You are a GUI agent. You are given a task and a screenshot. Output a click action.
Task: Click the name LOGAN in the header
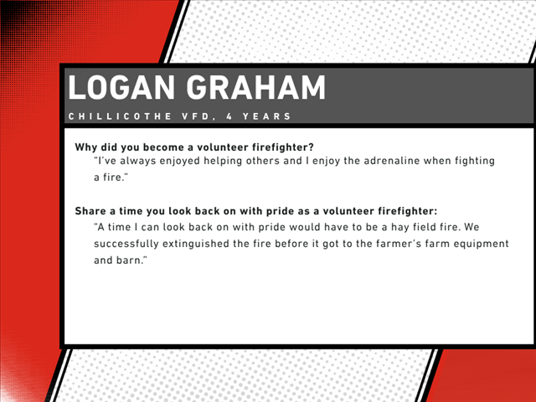tap(121, 87)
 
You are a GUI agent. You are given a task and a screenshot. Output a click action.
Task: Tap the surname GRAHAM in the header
tap(255, 87)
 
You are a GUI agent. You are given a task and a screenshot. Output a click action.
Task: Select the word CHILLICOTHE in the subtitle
tap(120, 116)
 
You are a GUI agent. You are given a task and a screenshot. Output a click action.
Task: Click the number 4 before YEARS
tap(229, 116)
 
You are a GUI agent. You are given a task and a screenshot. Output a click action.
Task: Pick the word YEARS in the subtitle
tap(266, 116)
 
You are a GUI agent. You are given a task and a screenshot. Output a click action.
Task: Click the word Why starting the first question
tap(86, 147)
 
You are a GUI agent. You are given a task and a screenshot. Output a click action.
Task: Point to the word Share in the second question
tap(90, 211)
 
